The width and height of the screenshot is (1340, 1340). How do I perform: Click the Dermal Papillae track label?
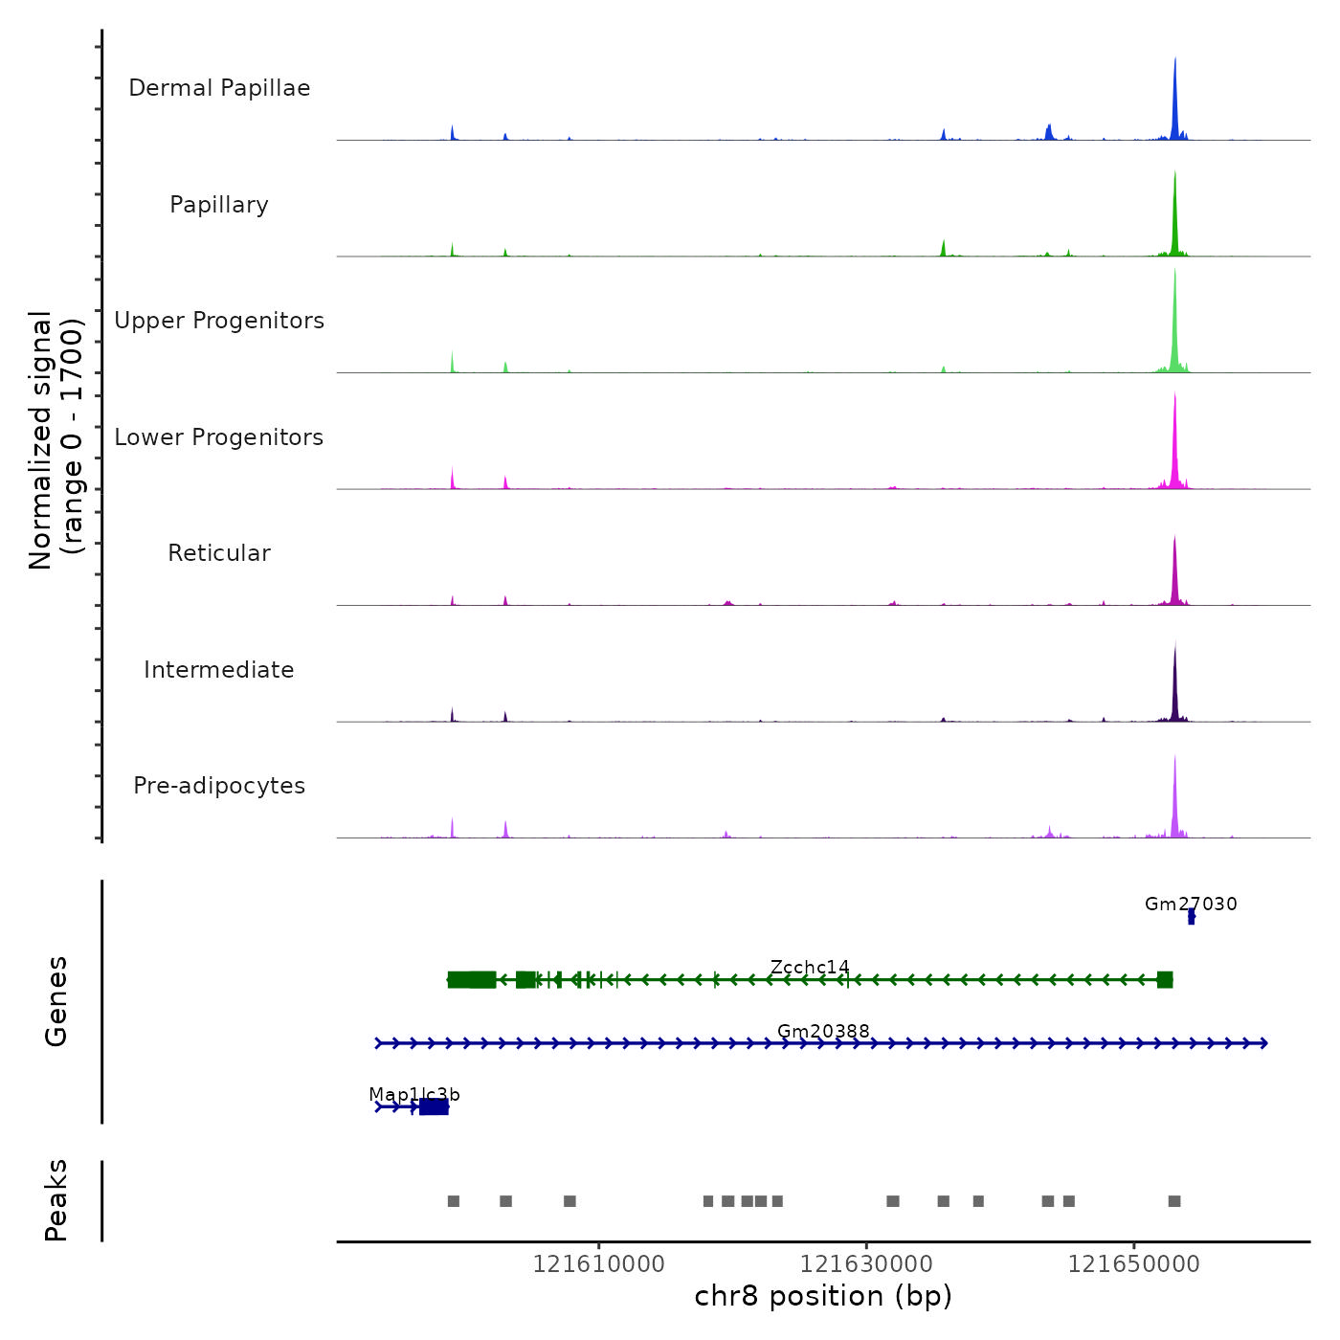pyautogui.click(x=219, y=88)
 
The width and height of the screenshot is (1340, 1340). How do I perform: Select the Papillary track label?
pyautogui.click(x=219, y=205)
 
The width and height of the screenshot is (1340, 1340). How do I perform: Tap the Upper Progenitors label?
pyautogui.click(x=219, y=321)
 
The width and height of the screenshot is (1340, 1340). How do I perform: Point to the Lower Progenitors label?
pyautogui.click(x=219, y=437)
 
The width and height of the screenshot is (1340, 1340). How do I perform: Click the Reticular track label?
pyautogui.click(x=219, y=553)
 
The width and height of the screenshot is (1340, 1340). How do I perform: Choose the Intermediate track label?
pyautogui.click(x=219, y=670)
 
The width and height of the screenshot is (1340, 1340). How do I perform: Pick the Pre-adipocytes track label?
pyautogui.click(x=219, y=786)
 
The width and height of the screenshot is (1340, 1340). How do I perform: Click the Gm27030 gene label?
pyautogui.click(x=1191, y=904)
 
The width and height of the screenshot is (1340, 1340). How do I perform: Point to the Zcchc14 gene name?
pyautogui.click(x=810, y=967)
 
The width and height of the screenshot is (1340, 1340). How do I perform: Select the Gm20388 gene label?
pyautogui.click(x=823, y=1031)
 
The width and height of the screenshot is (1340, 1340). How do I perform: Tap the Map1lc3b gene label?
pyautogui.click(x=414, y=1094)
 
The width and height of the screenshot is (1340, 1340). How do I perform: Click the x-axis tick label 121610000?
pyautogui.click(x=598, y=1263)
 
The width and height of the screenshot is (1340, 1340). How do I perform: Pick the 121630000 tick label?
pyautogui.click(x=866, y=1263)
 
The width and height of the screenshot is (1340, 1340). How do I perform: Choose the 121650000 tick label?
pyautogui.click(x=1133, y=1263)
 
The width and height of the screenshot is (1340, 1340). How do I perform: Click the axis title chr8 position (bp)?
pyautogui.click(x=823, y=1296)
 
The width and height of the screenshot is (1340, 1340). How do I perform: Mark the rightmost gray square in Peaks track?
pyautogui.click(x=1174, y=1201)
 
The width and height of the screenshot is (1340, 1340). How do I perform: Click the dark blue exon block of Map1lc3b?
pyautogui.click(x=434, y=1106)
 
